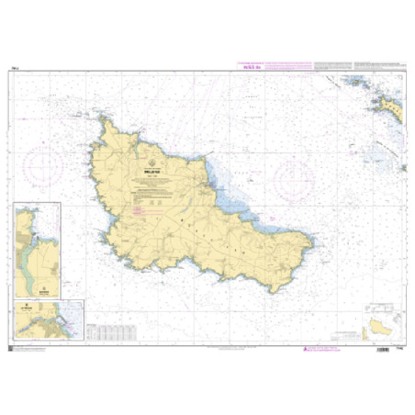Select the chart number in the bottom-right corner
point(398,347)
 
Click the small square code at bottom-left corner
point(12,347)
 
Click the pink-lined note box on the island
point(138,212)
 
